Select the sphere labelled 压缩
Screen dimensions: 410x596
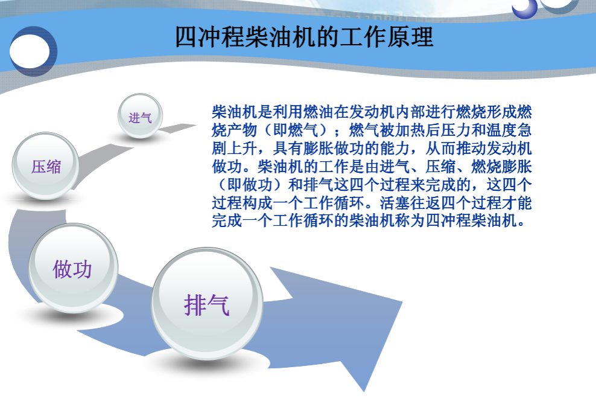pos(46,167)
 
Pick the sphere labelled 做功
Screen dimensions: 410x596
pos(72,269)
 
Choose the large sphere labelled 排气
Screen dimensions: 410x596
pos(206,306)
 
